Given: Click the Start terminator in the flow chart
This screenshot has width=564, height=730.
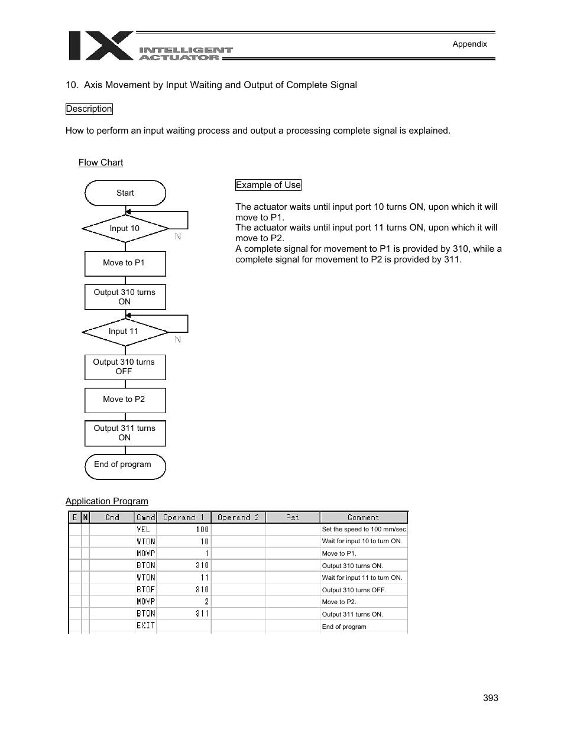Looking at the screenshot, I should (x=125, y=193).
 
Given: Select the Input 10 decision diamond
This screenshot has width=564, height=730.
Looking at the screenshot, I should (x=125, y=229).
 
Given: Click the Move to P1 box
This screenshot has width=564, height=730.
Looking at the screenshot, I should (x=125, y=264).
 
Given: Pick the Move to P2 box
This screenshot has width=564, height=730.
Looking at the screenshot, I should (x=125, y=400).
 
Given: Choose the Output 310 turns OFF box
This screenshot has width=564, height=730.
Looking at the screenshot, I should (x=125, y=367).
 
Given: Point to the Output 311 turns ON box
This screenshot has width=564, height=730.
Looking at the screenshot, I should (x=125, y=433).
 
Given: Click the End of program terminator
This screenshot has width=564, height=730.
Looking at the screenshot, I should (x=125, y=465).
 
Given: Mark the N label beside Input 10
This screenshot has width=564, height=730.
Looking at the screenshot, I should (x=178, y=236).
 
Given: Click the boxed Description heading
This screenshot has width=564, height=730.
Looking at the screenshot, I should (x=89, y=109).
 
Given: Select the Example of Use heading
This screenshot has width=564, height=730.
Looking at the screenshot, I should (x=268, y=185).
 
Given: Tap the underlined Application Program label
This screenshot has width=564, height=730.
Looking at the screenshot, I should (x=107, y=501).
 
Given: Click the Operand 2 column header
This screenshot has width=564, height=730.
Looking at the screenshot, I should (x=238, y=517).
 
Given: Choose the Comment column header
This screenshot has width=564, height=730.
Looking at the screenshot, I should (x=363, y=517).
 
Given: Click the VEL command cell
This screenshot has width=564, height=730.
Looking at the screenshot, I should (x=145, y=530).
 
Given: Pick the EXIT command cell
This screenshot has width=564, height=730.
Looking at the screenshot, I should (x=145, y=626).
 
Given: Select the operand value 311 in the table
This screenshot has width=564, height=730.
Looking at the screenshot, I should (x=202, y=614).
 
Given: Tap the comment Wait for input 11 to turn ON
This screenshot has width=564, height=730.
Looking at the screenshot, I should (x=362, y=577).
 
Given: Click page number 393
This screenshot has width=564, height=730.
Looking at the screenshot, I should (x=490, y=698).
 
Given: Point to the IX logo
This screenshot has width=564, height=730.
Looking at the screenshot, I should (x=100, y=46).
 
